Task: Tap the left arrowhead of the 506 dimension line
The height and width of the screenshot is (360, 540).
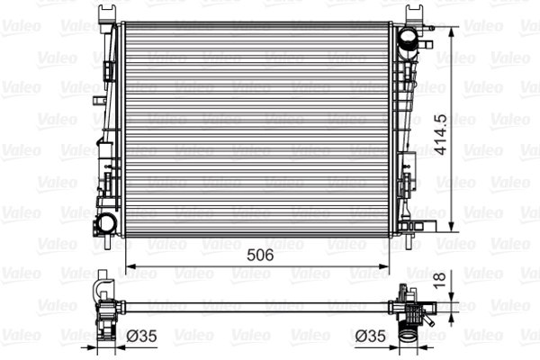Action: click(x=129, y=266)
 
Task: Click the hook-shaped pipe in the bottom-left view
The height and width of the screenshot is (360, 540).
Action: click(x=101, y=293)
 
